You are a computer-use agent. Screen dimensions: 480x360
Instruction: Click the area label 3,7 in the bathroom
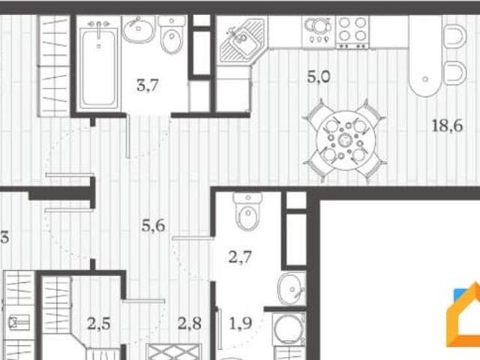pyautogui.click(x=148, y=85)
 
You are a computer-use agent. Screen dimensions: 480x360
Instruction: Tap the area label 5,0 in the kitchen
pyautogui.click(x=319, y=76)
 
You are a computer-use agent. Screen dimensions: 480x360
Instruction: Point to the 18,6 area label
pyautogui.click(x=447, y=126)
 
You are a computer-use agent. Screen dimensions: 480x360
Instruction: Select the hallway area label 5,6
pyautogui.click(x=153, y=226)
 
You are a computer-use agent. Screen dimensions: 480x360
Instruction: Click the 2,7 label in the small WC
pyautogui.click(x=240, y=256)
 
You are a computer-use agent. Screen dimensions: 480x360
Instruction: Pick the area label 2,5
pyautogui.click(x=98, y=323)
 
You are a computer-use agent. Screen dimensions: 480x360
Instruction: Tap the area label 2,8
pyautogui.click(x=190, y=323)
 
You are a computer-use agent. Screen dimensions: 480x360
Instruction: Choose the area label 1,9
pyautogui.click(x=241, y=323)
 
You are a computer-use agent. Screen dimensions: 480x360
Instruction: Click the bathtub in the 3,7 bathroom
pyautogui.click(x=98, y=67)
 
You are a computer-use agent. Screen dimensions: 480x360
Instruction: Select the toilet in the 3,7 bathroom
pyautogui.click(x=172, y=34)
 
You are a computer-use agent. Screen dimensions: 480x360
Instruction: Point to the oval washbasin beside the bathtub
pyautogui.click(x=138, y=29)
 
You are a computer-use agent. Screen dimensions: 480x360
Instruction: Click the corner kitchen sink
pyautogui.click(x=242, y=40)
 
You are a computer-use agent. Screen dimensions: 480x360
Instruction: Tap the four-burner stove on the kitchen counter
pyautogui.click(x=352, y=32)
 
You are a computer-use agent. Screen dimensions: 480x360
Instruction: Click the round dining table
pyautogui.click(x=346, y=140)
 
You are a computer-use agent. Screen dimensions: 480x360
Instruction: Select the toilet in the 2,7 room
pyautogui.click(x=248, y=211)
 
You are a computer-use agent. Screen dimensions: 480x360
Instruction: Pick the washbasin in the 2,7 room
pyautogui.click(x=292, y=289)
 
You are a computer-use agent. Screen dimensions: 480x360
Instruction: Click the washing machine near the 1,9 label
pyautogui.click(x=288, y=328)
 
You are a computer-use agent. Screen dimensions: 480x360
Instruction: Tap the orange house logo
pyautogui.click(x=463, y=315)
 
